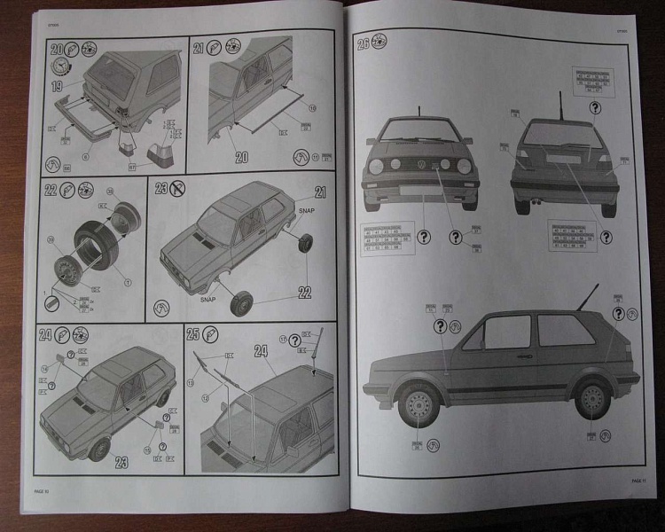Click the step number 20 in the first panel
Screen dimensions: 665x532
[57, 50]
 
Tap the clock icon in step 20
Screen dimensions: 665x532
[60, 67]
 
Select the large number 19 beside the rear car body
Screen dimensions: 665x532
[56, 87]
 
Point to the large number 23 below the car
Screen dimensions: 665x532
[121, 461]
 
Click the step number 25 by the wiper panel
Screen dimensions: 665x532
[195, 335]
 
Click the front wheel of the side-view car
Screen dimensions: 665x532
[418, 407]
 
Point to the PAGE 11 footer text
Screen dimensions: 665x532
[638, 481]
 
